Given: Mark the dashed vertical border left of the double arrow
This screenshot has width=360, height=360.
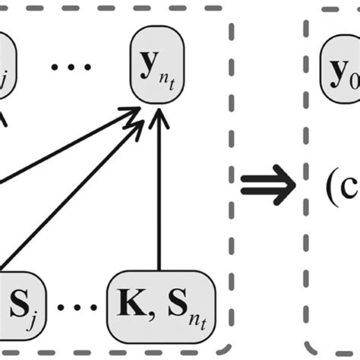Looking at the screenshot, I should click(x=229, y=182).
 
